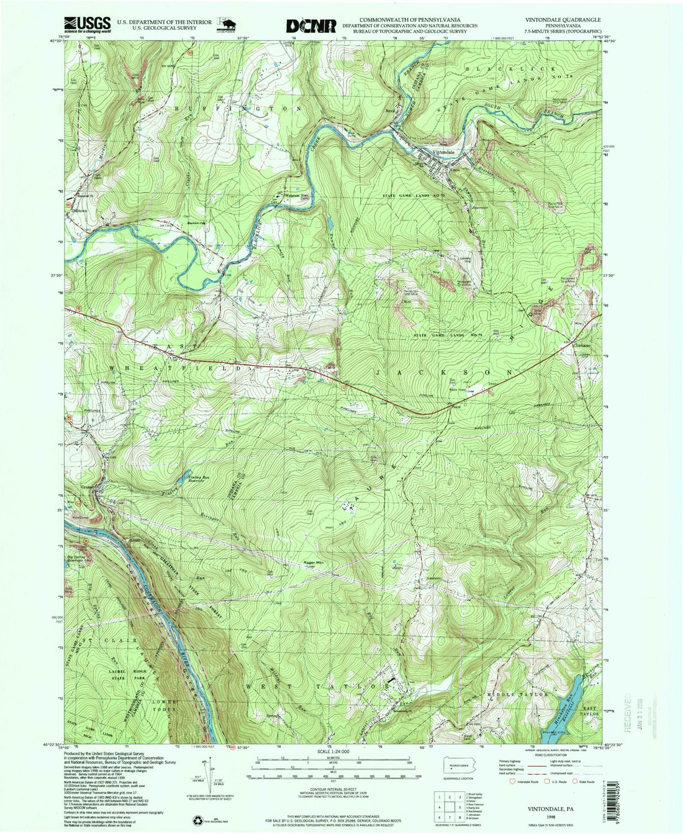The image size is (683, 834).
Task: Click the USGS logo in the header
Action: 87,24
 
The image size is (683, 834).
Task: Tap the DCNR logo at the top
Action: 311,25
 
